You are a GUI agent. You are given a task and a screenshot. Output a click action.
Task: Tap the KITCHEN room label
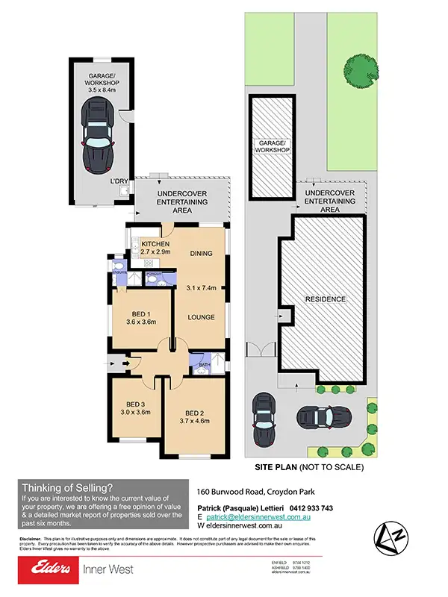[155, 244]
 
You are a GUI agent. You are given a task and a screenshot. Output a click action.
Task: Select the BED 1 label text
[142, 313]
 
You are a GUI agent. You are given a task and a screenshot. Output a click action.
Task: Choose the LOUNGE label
[201, 317]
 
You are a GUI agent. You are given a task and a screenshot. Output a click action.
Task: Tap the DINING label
[201, 253]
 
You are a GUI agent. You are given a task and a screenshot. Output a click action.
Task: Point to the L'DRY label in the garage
[119, 182]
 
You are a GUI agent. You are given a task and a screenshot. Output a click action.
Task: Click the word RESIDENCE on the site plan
[325, 298]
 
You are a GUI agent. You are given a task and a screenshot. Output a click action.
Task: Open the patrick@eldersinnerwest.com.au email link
[258, 516]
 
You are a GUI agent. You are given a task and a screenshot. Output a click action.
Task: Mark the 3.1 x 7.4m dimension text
[201, 287]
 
